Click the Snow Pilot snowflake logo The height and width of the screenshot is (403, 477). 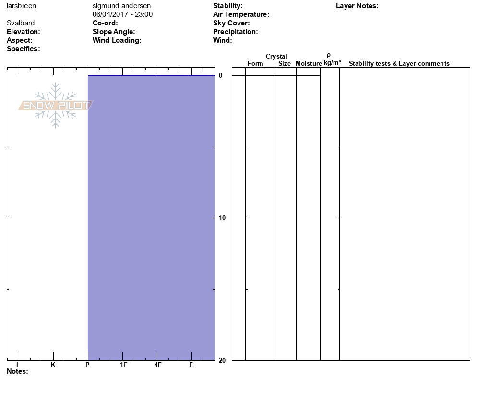[x=56, y=105]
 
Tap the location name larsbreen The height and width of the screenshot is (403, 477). [x=21, y=6]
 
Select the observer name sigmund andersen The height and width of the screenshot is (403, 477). [x=121, y=6]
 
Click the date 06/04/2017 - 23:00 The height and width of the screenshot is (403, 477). [x=122, y=14]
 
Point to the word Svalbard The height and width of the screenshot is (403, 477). [x=21, y=23]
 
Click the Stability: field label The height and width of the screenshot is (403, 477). [x=227, y=6]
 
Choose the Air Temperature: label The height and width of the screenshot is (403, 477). [x=241, y=14]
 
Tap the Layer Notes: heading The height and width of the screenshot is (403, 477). [x=357, y=6]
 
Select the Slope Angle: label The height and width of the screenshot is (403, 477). [x=114, y=32]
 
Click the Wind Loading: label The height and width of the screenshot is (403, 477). [x=117, y=40]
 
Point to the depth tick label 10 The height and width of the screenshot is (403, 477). [x=221, y=218]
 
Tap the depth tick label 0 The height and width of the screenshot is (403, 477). [x=221, y=76]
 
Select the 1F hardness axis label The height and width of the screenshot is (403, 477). [x=123, y=365]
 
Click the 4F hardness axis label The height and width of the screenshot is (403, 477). [x=158, y=365]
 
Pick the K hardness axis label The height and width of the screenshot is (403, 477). [x=53, y=365]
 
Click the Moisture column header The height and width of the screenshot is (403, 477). [x=309, y=64]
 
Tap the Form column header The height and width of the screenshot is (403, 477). [x=255, y=64]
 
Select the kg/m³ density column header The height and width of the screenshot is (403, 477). [x=332, y=63]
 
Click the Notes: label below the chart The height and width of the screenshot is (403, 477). [x=17, y=371]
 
